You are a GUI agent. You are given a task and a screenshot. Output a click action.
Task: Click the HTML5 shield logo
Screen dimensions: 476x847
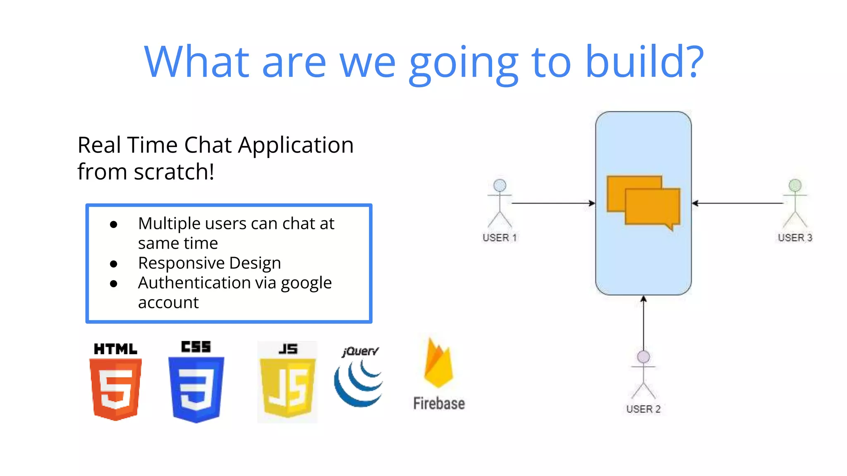(x=115, y=388)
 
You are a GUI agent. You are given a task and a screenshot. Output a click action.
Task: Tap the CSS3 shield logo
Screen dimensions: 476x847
(x=196, y=389)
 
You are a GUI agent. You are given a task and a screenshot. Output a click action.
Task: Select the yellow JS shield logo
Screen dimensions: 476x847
(x=287, y=388)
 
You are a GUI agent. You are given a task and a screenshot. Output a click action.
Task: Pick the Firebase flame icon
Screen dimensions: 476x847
(x=438, y=364)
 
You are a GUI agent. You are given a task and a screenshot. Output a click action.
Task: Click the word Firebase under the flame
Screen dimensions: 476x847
(x=439, y=403)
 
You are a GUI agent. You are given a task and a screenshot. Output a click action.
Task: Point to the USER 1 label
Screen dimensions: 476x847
(x=500, y=238)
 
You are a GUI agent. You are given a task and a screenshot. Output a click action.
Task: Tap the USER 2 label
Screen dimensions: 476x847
(x=643, y=409)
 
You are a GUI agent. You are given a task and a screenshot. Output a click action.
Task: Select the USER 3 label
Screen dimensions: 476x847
(x=795, y=238)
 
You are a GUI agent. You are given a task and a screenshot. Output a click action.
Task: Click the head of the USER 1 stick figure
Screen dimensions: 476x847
(x=500, y=185)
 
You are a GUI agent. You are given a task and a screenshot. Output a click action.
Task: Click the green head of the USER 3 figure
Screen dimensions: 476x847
(x=795, y=185)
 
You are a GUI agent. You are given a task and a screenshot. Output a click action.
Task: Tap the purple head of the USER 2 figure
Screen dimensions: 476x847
(x=644, y=357)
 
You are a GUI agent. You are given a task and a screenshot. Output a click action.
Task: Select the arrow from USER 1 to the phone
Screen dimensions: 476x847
(x=553, y=203)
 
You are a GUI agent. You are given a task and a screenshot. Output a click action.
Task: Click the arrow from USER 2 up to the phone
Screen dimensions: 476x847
(x=644, y=322)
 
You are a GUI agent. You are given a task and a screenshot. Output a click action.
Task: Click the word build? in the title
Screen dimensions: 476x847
(x=644, y=62)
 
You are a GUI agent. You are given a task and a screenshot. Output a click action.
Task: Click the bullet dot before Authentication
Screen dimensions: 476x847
(x=114, y=283)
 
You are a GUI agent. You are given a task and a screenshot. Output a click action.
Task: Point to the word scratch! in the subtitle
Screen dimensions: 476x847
(x=174, y=172)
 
